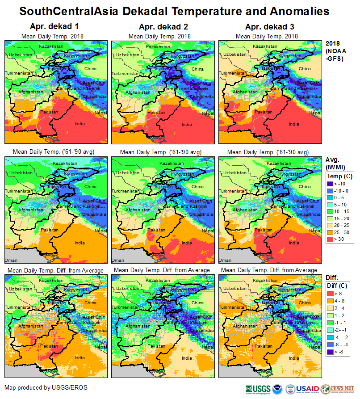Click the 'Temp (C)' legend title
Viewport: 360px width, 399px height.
[340, 176]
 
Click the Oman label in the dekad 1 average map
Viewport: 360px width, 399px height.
[9, 260]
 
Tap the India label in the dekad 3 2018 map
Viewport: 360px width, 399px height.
[294, 124]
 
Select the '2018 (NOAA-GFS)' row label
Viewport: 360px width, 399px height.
[335, 51]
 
